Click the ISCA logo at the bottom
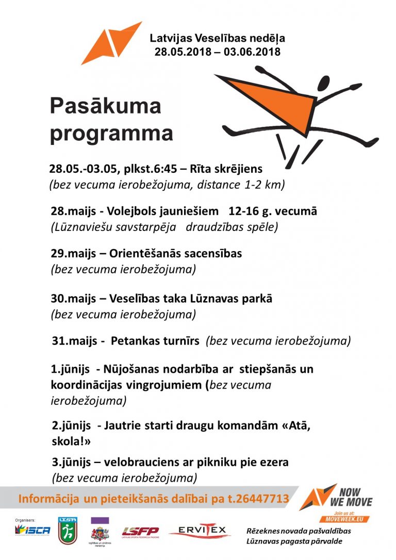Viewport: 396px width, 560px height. (33, 530)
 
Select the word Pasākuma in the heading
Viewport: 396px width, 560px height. (105, 106)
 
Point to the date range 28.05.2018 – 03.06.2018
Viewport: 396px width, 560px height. (217, 52)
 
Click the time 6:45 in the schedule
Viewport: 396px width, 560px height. (155, 169)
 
